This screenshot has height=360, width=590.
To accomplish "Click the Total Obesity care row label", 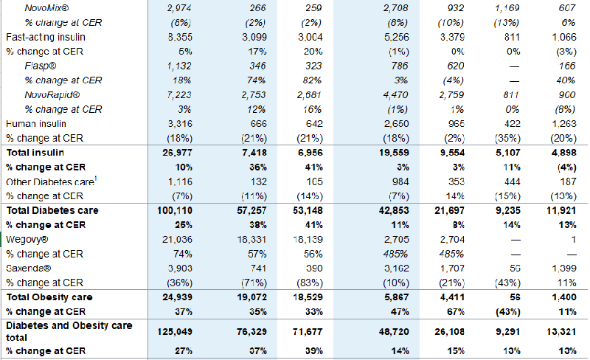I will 49,297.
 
